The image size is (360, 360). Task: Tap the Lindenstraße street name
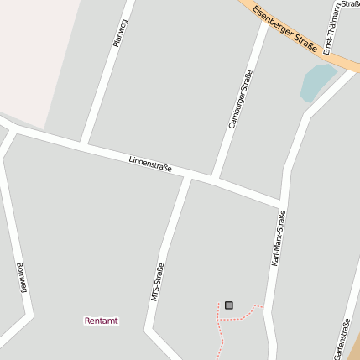click(x=150, y=163)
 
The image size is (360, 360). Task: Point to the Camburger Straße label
click(x=241, y=99)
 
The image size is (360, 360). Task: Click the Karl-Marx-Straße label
click(x=279, y=238)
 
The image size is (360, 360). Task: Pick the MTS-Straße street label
click(x=157, y=282)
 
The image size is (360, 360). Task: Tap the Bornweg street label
click(x=22, y=278)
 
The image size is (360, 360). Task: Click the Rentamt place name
click(x=102, y=321)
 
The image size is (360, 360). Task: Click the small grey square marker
click(x=229, y=305)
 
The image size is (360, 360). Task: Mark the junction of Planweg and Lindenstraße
click(x=83, y=144)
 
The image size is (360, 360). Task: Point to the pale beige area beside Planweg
click(x=38, y=50)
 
